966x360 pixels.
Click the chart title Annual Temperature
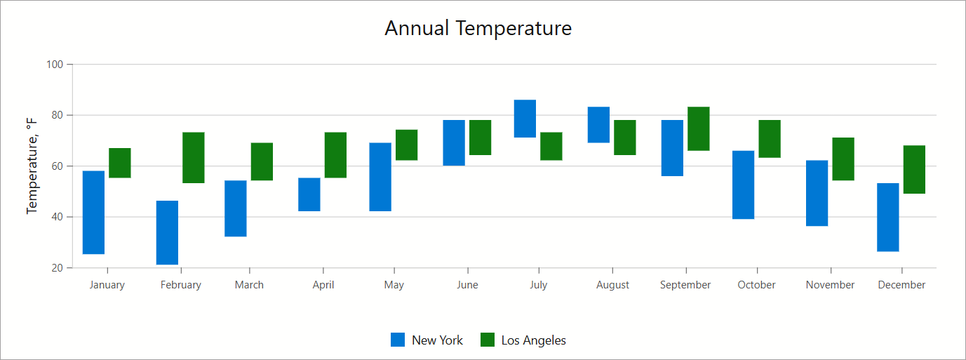click(x=478, y=28)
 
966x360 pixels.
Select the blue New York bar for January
click(x=93, y=212)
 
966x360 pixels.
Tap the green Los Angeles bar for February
click(x=194, y=157)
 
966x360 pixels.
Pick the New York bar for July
click(x=525, y=119)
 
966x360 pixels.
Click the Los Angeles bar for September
click(x=699, y=128)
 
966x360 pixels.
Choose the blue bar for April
click(x=309, y=194)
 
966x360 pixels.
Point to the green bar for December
click(x=914, y=169)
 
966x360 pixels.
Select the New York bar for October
click(x=743, y=185)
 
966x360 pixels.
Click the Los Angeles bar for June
click(x=480, y=138)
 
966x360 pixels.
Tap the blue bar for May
click(x=380, y=177)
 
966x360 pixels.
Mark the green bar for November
click(x=843, y=159)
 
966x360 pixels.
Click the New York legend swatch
click(x=398, y=340)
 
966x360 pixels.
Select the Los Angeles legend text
click(x=533, y=340)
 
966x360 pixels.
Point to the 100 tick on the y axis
click(x=55, y=65)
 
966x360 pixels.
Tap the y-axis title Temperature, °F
click(x=32, y=166)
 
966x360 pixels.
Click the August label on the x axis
click(x=612, y=285)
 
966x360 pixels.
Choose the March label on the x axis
click(x=249, y=285)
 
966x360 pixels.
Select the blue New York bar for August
click(x=598, y=124)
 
